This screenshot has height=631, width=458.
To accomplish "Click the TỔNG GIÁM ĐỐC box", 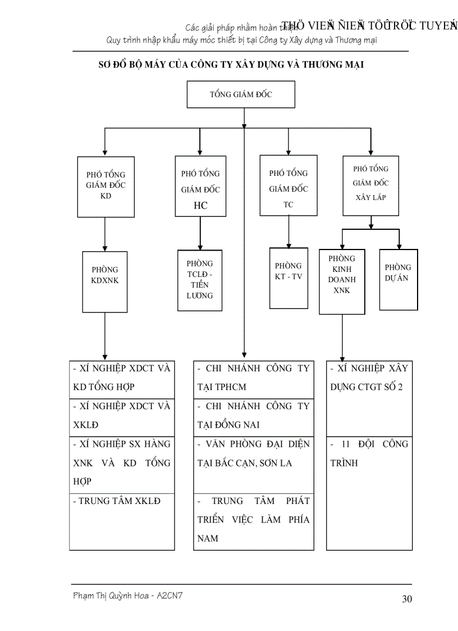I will point(241,94).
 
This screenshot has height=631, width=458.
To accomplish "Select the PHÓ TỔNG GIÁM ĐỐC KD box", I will point(106,186).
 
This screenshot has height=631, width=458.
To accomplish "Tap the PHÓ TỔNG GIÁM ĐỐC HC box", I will point(200,186).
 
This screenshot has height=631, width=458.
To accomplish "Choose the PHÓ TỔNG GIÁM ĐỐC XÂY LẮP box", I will point(370,185).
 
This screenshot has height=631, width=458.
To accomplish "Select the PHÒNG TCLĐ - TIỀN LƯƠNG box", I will point(200,280).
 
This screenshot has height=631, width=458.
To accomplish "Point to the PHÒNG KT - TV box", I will point(288,278).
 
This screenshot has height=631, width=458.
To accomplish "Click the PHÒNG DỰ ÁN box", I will point(399,279).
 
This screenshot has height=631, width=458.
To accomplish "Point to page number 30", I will point(407,599).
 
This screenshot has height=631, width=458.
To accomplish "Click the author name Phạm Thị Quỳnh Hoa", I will point(127,596).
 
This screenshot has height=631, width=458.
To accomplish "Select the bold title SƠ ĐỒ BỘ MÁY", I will point(231,65).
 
